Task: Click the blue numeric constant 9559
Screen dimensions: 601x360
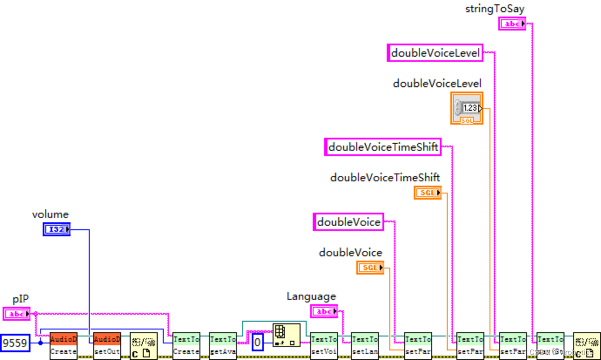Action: [14, 343]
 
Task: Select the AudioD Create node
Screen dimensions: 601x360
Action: [63, 345]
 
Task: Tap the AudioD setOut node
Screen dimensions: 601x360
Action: [107, 345]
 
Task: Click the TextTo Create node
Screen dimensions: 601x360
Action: [186, 345]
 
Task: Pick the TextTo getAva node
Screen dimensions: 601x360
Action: [222, 345]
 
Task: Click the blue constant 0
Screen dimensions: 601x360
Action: [257, 343]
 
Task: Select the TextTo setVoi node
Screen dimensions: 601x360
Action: [323, 345]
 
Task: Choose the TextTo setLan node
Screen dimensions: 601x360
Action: [365, 345]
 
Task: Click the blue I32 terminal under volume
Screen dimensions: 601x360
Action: [56, 229]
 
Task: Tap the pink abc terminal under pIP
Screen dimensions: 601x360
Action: [16, 314]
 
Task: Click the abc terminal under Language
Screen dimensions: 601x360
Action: [323, 311]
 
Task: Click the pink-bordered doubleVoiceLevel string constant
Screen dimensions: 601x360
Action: [435, 52]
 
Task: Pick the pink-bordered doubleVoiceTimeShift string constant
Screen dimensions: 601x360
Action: [383, 147]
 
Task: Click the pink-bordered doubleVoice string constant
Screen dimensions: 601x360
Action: [348, 222]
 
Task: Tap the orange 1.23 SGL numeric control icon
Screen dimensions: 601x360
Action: [466, 108]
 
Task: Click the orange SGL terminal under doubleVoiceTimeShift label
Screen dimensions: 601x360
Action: [427, 192]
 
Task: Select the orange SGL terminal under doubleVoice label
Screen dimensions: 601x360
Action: [370, 267]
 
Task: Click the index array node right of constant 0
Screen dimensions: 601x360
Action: [286, 335]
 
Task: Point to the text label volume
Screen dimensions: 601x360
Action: [50, 214]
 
